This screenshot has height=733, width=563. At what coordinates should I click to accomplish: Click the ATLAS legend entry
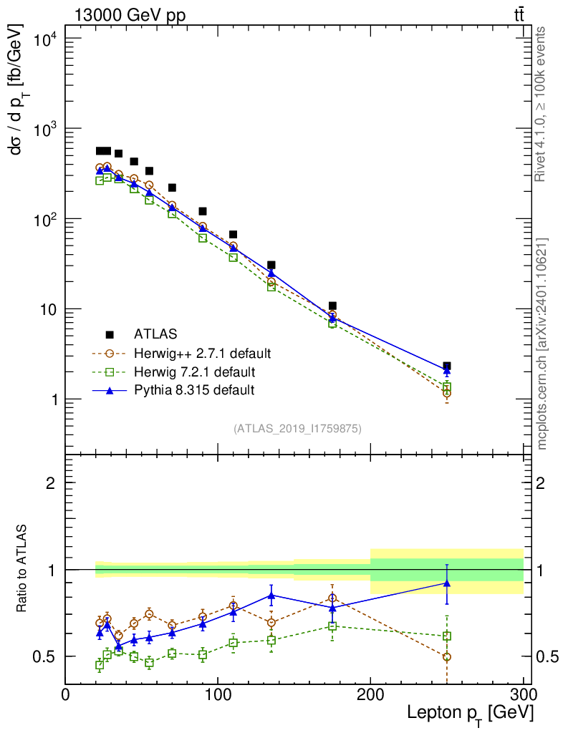(x=155, y=334)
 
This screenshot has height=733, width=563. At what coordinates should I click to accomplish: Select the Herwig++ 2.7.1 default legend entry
(x=201, y=353)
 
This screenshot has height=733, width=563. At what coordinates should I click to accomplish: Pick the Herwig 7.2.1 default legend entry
(x=194, y=372)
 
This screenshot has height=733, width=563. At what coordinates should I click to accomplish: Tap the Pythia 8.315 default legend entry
(x=194, y=390)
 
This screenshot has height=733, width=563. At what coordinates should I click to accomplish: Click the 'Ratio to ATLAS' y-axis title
(x=22, y=569)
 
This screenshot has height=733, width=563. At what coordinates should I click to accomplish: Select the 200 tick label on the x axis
(x=371, y=694)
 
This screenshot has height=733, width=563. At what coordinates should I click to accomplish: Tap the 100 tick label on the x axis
(x=218, y=694)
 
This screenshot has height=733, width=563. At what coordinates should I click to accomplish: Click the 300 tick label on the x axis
(x=524, y=694)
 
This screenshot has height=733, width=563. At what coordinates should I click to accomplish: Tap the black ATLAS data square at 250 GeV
(x=447, y=366)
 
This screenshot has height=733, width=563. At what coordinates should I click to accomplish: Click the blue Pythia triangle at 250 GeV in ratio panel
(x=447, y=583)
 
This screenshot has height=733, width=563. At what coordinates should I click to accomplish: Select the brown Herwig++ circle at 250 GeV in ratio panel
(x=447, y=656)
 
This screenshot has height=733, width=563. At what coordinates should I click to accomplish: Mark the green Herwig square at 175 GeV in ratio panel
(x=332, y=626)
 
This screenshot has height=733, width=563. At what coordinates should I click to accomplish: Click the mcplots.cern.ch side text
(x=542, y=344)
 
